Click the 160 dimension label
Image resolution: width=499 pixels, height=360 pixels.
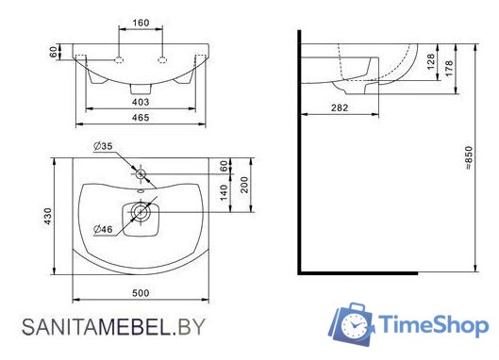(141, 23)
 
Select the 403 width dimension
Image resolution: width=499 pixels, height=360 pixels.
(141, 102)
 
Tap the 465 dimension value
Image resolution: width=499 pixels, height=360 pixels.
(141, 118)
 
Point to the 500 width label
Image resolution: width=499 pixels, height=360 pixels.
(141, 293)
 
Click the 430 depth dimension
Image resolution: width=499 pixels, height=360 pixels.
(47, 216)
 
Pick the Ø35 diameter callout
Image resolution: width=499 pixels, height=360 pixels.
(103, 146)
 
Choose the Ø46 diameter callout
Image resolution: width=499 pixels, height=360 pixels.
(103, 229)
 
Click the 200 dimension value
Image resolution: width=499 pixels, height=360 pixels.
(244, 185)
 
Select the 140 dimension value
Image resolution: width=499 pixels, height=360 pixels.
(224, 192)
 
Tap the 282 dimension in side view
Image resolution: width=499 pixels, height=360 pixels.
(340, 107)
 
